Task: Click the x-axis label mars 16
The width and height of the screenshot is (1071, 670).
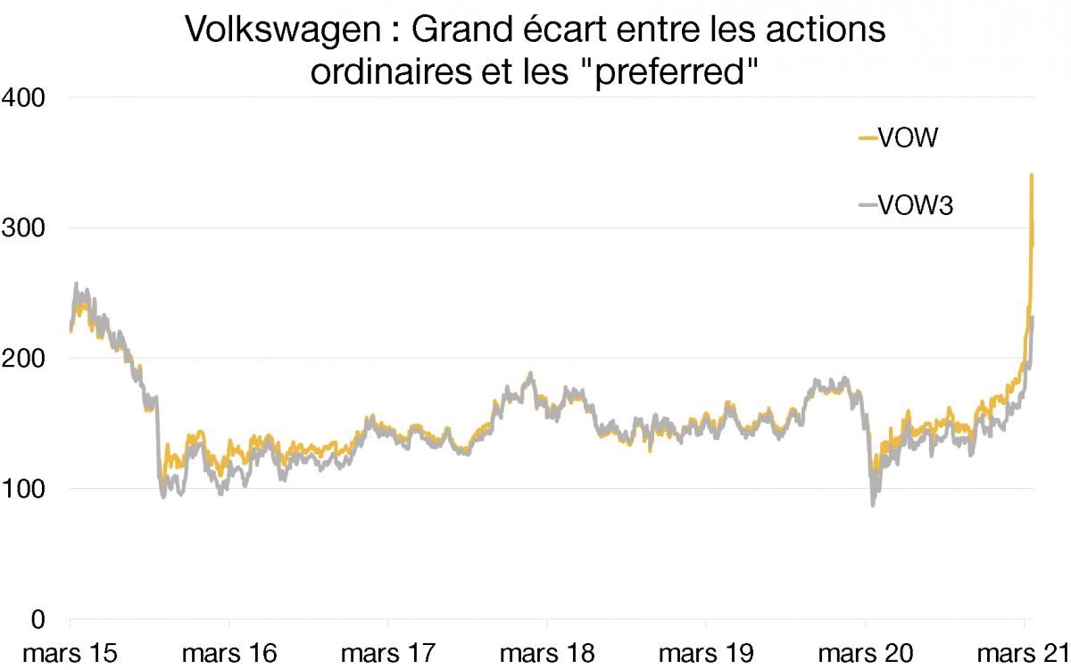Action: pyautogui.click(x=228, y=654)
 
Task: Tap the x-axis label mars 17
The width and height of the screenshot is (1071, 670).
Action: pyautogui.click(x=388, y=654)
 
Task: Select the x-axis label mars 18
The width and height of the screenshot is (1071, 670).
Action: pyautogui.click(x=547, y=654)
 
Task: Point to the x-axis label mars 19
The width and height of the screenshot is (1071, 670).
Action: pyautogui.click(x=706, y=654)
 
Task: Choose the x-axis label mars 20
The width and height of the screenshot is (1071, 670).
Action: pyautogui.click(x=865, y=654)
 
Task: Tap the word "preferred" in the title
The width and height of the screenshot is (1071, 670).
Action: pyautogui.click(x=662, y=71)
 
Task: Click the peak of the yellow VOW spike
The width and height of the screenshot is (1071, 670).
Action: pyautogui.click(x=1032, y=175)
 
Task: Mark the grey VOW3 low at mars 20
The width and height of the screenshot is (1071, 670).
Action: pyautogui.click(x=873, y=505)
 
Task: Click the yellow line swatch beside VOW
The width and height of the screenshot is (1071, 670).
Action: pyautogui.click(x=868, y=138)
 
